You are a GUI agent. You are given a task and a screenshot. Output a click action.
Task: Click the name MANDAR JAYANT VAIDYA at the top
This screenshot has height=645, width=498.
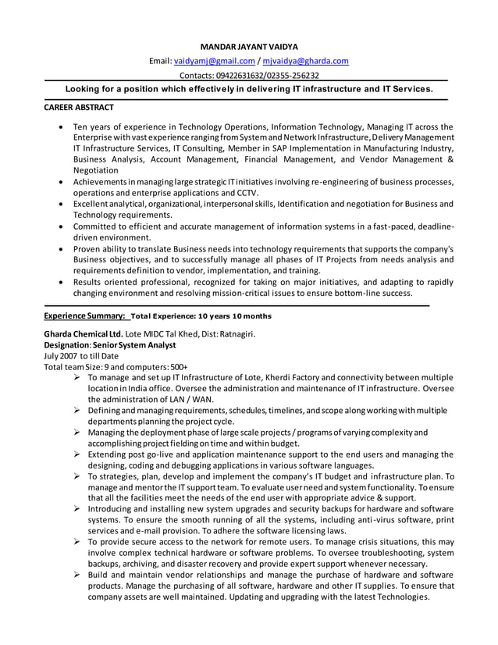click(249, 47)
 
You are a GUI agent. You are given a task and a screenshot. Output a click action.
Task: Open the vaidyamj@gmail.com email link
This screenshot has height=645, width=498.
click(214, 61)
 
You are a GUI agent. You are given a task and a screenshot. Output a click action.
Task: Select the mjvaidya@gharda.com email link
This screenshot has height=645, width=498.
click(306, 61)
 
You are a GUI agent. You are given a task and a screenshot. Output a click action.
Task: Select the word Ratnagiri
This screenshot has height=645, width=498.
click(233, 333)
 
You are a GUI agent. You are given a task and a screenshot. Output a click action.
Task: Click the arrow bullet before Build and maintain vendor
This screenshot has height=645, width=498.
click(77, 574)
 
